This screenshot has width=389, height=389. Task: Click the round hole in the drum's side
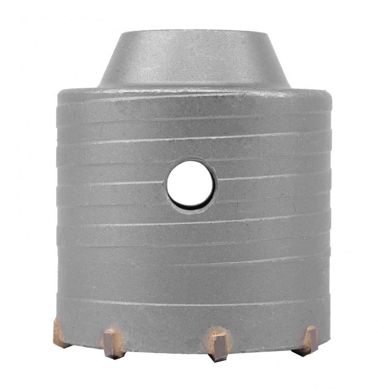tap(191, 185)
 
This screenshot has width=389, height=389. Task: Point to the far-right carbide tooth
tap(310, 339)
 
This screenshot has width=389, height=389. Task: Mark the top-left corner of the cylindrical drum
tap(59, 93)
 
